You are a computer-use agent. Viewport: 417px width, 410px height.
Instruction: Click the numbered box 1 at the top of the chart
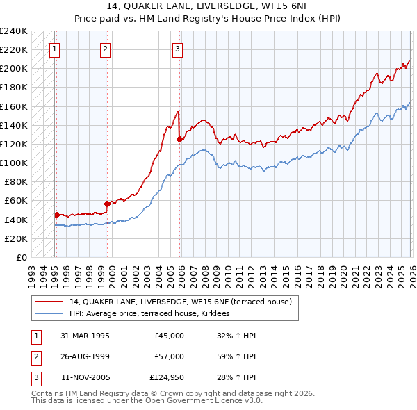coord(54,49)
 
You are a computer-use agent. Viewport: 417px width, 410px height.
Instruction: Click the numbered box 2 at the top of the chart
coord(105,49)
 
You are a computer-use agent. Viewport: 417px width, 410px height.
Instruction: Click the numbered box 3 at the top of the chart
coord(178,49)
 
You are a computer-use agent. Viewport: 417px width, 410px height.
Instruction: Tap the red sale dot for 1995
coord(56,215)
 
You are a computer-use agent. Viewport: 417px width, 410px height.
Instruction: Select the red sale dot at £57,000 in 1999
coord(108,204)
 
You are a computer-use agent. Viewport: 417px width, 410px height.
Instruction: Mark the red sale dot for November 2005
coord(180,139)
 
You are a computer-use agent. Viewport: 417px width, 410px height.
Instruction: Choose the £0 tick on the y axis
coord(21,257)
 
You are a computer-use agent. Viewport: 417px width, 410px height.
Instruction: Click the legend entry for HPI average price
coord(154,314)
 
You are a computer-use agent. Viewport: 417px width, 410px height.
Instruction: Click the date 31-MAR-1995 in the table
coord(85,335)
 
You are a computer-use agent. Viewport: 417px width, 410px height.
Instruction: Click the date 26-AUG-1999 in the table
coord(85,356)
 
